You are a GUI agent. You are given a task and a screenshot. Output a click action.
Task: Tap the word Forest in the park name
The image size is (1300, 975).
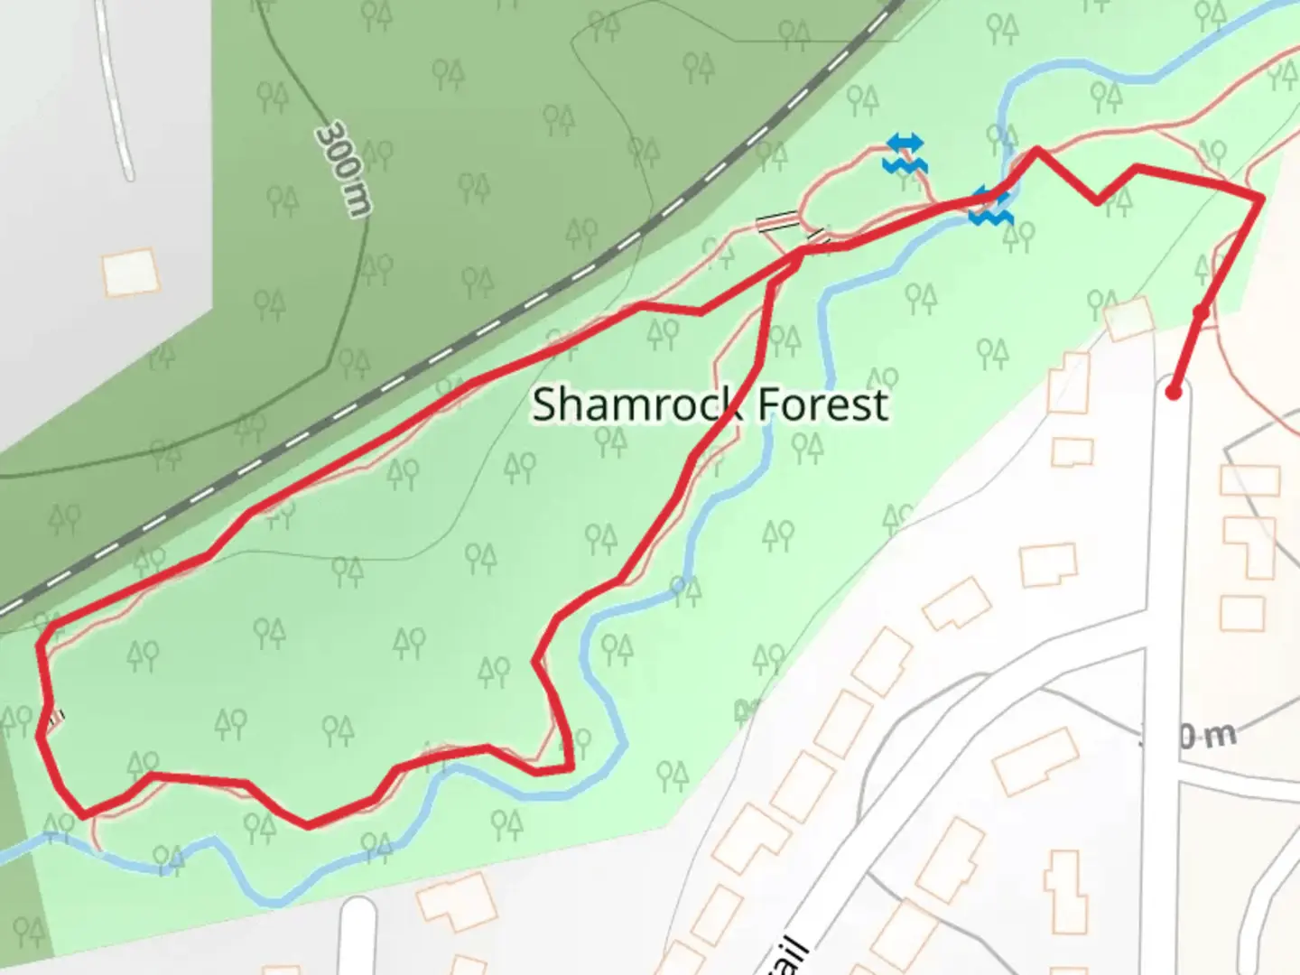coord(822,404)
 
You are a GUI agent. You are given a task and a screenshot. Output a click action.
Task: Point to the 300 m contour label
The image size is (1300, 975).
coord(343,169)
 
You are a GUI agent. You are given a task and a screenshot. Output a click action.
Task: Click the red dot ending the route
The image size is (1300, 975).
coord(1173,392)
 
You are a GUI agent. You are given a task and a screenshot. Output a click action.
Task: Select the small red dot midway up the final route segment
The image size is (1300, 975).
coord(1201,312)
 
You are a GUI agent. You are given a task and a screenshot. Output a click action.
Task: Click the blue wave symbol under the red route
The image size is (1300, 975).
coord(991,215)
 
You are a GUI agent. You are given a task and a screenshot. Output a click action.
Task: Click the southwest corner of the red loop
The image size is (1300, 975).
coord(83,814)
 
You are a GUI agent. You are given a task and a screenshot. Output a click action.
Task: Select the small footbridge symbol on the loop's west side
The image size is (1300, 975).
coord(56,719)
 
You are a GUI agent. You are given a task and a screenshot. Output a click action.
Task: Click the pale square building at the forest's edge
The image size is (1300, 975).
coord(1128,320)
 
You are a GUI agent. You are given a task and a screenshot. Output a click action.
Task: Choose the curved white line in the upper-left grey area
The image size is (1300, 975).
coord(116,90)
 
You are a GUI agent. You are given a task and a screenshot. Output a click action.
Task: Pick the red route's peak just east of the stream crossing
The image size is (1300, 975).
coord(1036,150)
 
